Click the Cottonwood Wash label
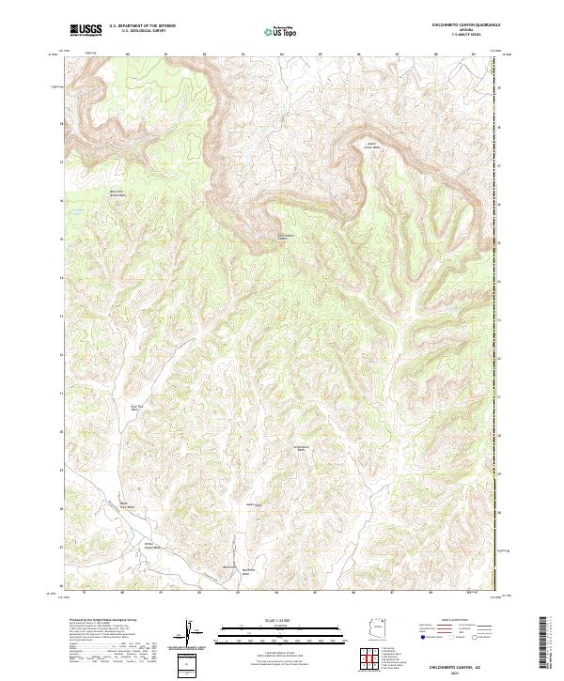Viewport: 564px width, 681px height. coord(301,448)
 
